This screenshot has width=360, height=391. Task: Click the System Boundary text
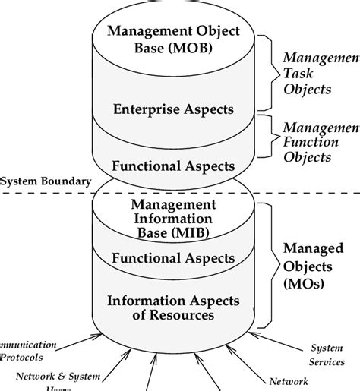coord(46,181)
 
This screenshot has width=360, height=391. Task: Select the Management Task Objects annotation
coord(320,73)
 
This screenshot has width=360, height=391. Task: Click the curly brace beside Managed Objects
coord(262,262)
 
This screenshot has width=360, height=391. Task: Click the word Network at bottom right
coord(289,381)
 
